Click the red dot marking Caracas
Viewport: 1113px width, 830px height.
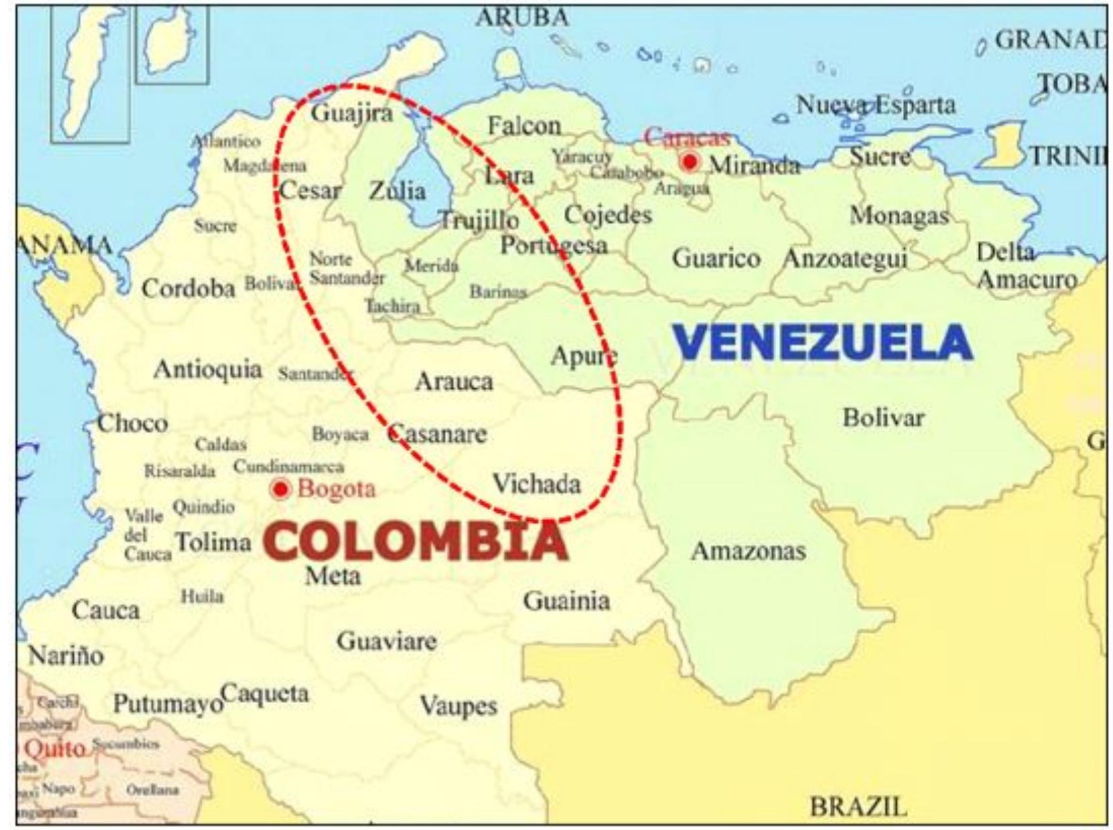pyautogui.click(x=689, y=162)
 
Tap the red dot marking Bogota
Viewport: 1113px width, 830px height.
pyautogui.click(x=280, y=489)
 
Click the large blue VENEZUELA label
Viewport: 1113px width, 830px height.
pyautogui.click(x=823, y=342)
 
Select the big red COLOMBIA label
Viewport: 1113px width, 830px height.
pyautogui.click(x=416, y=541)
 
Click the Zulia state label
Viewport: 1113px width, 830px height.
pyautogui.click(x=398, y=191)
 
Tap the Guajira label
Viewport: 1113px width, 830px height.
pyautogui.click(x=351, y=112)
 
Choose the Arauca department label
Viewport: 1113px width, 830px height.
pyautogui.click(x=454, y=382)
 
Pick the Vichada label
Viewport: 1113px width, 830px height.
pyautogui.click(x=536, y=483)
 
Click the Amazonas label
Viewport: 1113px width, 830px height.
pyautogui.click(x=748, y=551)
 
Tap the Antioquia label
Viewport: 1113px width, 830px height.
pyautogui.click(x=207, y=369)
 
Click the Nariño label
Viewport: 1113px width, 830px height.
pyautogui.click(x=66, y=655)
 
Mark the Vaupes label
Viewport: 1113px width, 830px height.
pyautogui.click(x=458, y=705)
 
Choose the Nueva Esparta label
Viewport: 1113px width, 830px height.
pyautogui.click(x=875, y=105)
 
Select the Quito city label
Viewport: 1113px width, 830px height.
pyautogui.click(x=55, y=748)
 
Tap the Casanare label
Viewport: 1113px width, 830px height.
pyautogui.click(x=438, y=434)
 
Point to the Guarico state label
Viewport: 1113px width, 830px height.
pyautogui.click(x=716, y=258)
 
